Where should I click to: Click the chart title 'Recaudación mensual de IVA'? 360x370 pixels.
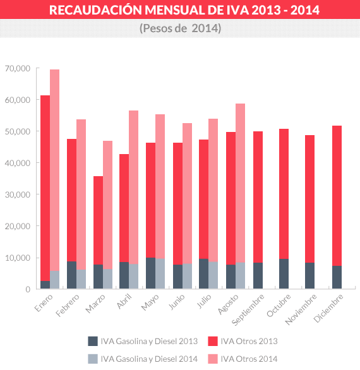pyautogui.click(x=180, y=11)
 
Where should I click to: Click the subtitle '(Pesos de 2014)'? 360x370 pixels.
pyautogui.click(x=180, y=29)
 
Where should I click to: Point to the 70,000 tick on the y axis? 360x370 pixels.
pyautogui.click(x=17, y=68)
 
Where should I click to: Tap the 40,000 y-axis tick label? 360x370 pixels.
pyautogui.click(x=17, y=163)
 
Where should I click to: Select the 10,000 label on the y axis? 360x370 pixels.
pyautogui.click(x=17, y=258)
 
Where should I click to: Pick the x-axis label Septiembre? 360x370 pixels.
pyautogui.click(x=244, y=307)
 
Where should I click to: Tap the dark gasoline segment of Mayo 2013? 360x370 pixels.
pyautogui.click(x=150, y=273)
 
